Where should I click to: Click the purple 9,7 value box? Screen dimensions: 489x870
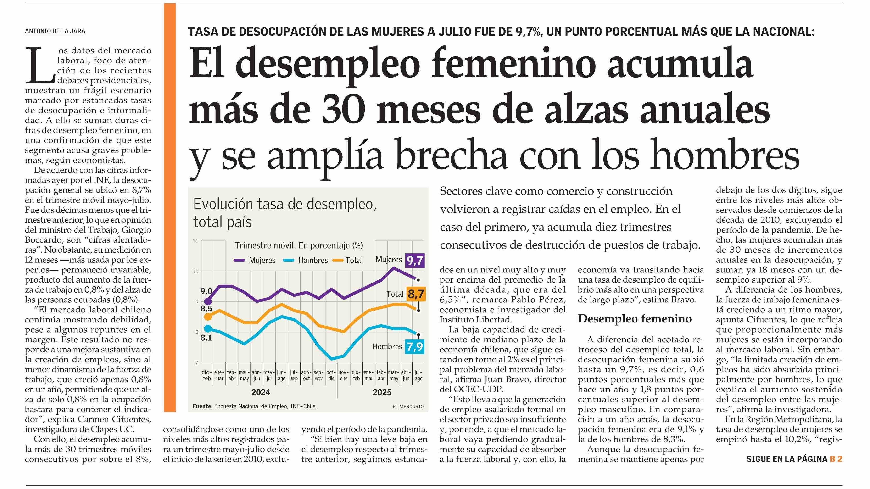point(414,260)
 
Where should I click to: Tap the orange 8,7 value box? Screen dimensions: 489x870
point(415,294)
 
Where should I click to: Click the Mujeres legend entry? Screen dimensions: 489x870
point(255,260)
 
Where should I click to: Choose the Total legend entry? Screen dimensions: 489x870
point(348,260)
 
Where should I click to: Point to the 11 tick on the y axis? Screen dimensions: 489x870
point(195,241)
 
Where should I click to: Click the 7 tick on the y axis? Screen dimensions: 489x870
point(196,363)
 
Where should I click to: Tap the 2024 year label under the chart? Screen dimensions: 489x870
point(261,392)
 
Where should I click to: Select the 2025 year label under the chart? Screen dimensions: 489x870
point(382,392)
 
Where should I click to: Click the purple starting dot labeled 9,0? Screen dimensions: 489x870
point(208,301)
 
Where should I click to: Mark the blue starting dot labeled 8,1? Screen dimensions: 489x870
point(208,328)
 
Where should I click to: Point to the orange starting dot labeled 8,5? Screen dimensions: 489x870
point(208,317)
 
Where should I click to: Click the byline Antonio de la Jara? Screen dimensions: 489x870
point(55,31)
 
